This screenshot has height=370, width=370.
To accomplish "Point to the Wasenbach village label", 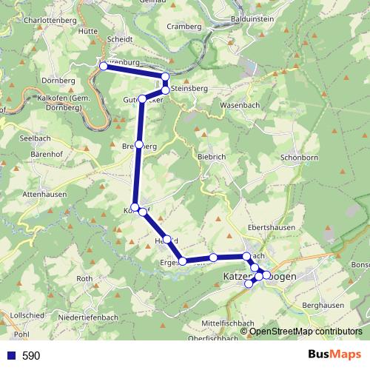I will [240, 105].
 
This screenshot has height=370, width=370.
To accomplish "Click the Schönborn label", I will [300, 158].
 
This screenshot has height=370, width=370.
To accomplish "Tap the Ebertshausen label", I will [268, 227].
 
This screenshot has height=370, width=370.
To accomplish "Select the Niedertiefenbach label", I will [88, 317].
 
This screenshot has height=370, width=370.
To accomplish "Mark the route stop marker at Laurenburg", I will [103, 67].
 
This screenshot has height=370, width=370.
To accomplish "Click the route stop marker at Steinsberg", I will [166, 89].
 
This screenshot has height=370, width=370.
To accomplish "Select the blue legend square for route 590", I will [10, 355].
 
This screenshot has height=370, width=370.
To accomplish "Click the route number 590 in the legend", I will [31, 355].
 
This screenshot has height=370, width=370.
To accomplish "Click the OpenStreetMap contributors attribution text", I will [306, 332].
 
